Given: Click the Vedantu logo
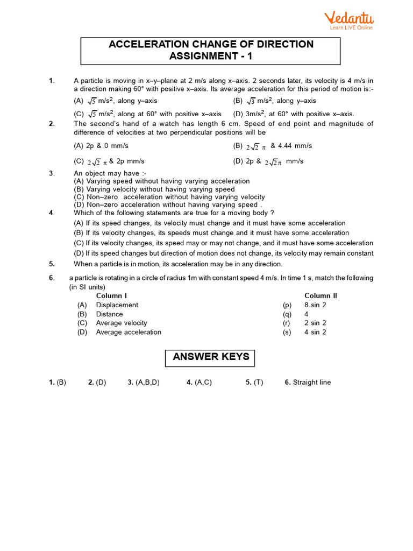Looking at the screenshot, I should tap(349, 20).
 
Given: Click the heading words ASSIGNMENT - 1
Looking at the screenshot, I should tap(211, 56).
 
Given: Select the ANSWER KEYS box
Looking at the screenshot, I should tap(211, 357).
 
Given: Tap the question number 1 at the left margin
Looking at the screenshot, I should tap(51, 81).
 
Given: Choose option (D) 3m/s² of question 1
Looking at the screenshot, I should tap(294, 114).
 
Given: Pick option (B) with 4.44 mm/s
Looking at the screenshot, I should tap(272, 146).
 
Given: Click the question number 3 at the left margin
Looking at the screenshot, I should tap(51, 173).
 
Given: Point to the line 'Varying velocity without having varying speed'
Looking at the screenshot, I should tap(154, 189).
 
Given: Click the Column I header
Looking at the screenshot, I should tap(111, 295).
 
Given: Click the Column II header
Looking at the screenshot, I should tap(321, 295).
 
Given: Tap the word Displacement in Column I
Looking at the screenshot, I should tap(117, 305).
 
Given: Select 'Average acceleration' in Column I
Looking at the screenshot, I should tap(129, 332).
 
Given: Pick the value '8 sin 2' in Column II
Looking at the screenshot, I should tap(315, 305).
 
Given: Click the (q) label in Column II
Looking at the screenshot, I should tap(287, 314).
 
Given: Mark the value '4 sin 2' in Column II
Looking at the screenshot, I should tap(315, 332).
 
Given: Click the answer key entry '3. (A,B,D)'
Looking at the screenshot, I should tap(143, 383).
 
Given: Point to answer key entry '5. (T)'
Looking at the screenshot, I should tap(254, 383).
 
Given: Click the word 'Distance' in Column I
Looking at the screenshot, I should tap(109, 314).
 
